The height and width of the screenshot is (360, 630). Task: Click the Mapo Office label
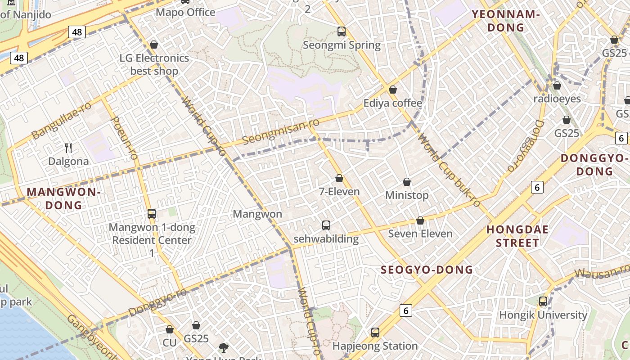(185, 12)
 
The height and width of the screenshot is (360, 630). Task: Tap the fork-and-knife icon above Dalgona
(68, 148)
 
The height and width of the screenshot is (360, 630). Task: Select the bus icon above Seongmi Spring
(342, 31)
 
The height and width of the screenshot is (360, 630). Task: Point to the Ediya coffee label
(393, 103)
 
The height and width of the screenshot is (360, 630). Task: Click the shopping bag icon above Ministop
(407, 182)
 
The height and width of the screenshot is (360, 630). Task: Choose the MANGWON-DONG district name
(63, 198)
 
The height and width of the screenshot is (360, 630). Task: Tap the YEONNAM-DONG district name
(505, 21)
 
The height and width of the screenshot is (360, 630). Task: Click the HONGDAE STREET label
(517, 236)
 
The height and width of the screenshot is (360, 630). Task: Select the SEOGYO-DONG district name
(427, 270)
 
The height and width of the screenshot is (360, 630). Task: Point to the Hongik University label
(543, 315)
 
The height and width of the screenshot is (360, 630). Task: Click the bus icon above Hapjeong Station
(375, 333)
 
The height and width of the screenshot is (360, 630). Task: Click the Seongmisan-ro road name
(281, 131)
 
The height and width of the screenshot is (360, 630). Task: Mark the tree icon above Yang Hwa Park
(223, 347)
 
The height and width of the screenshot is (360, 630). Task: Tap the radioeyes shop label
(557, 99)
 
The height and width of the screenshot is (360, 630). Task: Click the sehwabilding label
(326, 238)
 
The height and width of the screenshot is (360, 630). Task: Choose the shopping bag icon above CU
(170, 330)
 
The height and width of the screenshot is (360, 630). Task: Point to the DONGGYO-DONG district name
(594, 165)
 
